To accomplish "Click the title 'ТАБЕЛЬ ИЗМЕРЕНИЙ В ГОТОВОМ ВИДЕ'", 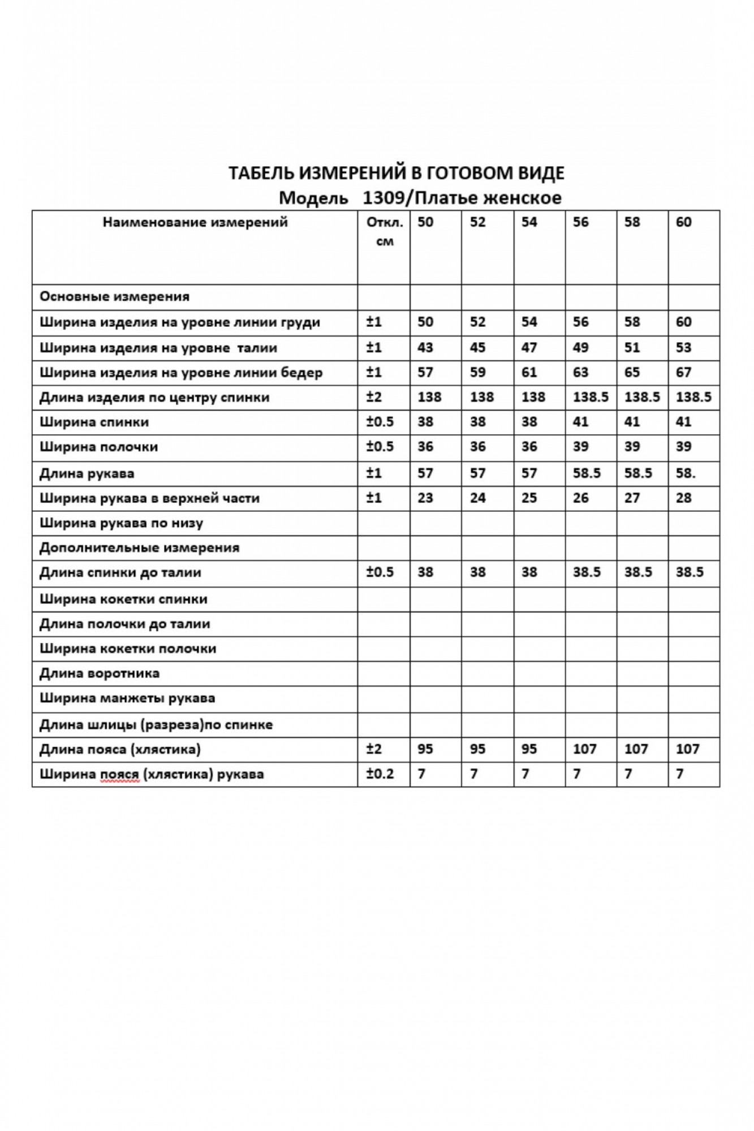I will pyautogui.click(x=396, y=173).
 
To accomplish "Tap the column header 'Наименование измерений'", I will pyautogui.click(x=195, y=222).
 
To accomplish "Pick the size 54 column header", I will pyautogui.click(x=529, y=222).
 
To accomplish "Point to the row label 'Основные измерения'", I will pyautogui.click(x=114, y=297).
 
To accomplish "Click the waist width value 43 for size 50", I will pyautogui.click(x=425, y=347).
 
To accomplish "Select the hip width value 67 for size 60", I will pyautogui.click(x=683, y=372).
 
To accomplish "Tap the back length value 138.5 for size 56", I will pyautogui.click(x=590, y=397).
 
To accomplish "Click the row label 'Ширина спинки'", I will pyautogui.click(x=94, y=422).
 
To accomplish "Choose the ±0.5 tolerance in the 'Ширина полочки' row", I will pyautogui.click(x=380, y=447).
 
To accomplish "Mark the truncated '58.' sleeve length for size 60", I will pyautogui.click(x=686, y=473).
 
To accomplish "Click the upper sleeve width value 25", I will pyautogui.click(x=529, y=498).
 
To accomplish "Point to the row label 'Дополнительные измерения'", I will pyautogui.click(x=139, y=547).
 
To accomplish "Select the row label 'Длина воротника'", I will pyautogui.click(x=100, y=674).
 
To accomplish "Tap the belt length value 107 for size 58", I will pyautogui.click(x=636, y=749).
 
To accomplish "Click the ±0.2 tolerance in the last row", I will pyautogui.click(x=380, y=774).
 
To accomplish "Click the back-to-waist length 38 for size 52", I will pyautogui.click(x=477, y=572).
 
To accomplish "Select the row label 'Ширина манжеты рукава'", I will pyautogui.click(x=127, y=698).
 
